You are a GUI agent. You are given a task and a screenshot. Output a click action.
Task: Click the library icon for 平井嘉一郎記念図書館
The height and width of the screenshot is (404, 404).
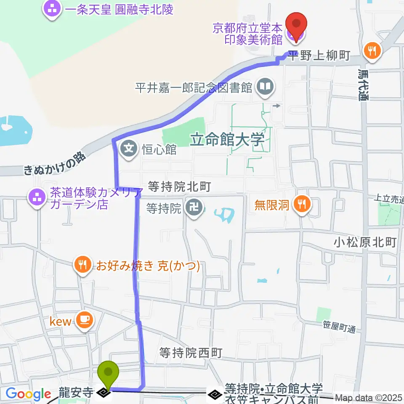[x=266, y=88]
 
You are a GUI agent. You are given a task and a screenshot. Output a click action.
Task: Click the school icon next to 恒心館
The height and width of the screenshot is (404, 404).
[x=129, y=149]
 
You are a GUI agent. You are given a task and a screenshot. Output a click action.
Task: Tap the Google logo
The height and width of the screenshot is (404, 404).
[x=28, y=394]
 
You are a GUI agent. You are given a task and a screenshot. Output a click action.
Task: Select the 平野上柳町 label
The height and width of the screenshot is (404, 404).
[x=320, y=56]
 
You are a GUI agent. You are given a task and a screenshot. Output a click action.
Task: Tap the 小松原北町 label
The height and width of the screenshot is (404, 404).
[x=365, y=242]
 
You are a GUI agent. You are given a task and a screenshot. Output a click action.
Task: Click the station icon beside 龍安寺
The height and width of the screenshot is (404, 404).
[x=103, y=393]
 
